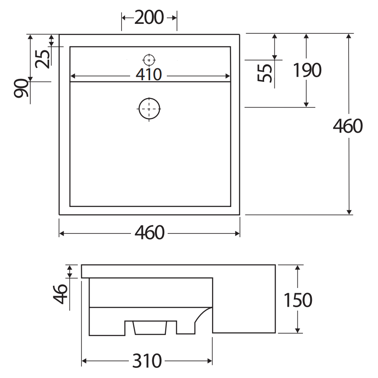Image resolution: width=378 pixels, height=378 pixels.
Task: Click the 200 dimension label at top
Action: [x=149, y=17]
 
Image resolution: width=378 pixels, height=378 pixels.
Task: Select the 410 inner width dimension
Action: [x=149, y=75]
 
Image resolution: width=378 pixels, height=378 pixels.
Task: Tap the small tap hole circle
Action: [x=149, y=60]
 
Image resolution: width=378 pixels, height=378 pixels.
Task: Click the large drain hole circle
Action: [x=149, y=109]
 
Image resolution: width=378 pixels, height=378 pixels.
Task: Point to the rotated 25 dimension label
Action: [x=43, y=59]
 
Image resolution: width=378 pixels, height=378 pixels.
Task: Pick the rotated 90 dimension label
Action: [x=21, y=88]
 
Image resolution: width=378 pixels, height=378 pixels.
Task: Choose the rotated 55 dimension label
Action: [x=265, y=73]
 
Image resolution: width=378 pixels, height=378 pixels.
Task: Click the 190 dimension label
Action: [x=307, y=70]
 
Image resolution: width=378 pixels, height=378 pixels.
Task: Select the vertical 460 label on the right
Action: [x=348, y=126]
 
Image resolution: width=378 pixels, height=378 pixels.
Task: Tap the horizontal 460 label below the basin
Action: [x=149, y=233]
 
